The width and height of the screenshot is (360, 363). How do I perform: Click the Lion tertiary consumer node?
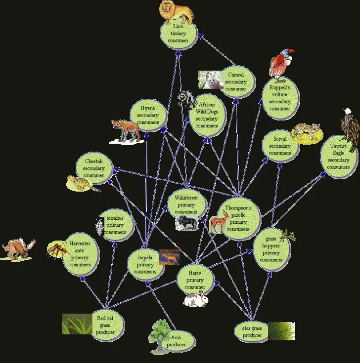coord(179,33)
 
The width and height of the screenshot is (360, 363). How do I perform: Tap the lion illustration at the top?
coord(177,12)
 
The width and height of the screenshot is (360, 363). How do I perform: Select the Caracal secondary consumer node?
coord(236,81)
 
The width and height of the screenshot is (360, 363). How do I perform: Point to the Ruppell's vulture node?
coord(280,98)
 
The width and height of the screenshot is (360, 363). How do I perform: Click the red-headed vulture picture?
coord(280,64)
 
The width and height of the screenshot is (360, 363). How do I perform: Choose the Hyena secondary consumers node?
coord(148,115)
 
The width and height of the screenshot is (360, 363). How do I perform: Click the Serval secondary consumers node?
coord(280,146)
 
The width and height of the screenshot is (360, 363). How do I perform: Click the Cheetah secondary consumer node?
coord(94,168)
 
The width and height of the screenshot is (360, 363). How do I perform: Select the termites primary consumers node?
coord(115,225)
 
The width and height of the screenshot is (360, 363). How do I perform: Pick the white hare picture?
coord(195,299)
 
